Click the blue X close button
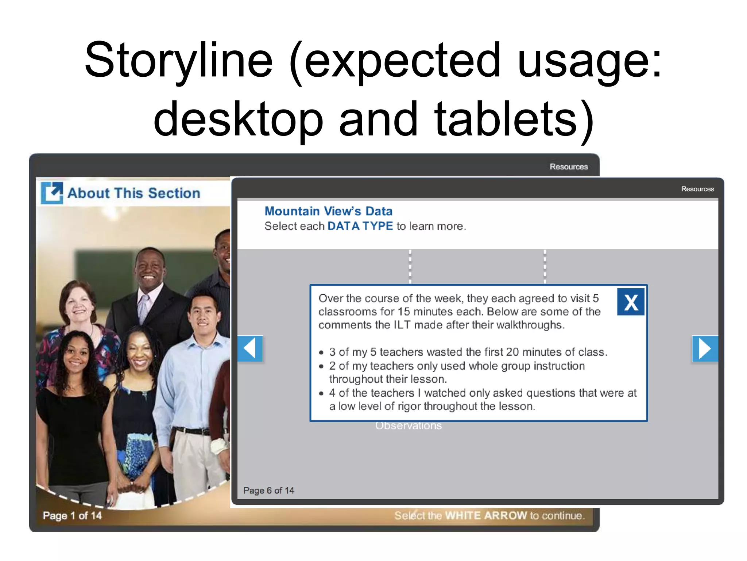[x=630, y=302]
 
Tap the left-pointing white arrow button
[x=250, y=348]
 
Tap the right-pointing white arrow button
[x=705, y=348]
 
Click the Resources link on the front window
[x=697, y=189]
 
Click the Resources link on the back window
[x=569, y=167]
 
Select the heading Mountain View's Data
[x=328, y=211]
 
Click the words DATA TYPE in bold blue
[x=360, y=226]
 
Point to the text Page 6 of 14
[x=268, y=491]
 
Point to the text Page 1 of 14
[x=72, y=515]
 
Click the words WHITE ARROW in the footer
[x=486, y=515]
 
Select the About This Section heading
[x=134, y=193]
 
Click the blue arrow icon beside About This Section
[x=52, y=192]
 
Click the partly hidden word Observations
[x=408, y=426]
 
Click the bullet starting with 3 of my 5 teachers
[x=468, y=352]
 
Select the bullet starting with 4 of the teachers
[x=482, y=399]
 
